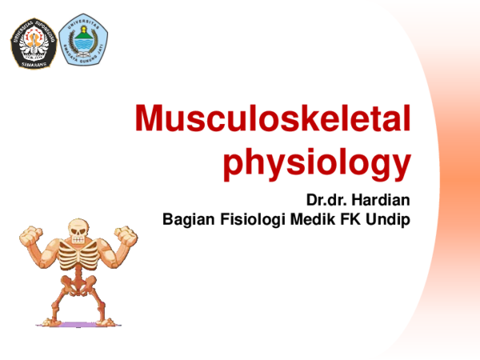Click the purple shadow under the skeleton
pyautogui.click(x=78, y=325)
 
